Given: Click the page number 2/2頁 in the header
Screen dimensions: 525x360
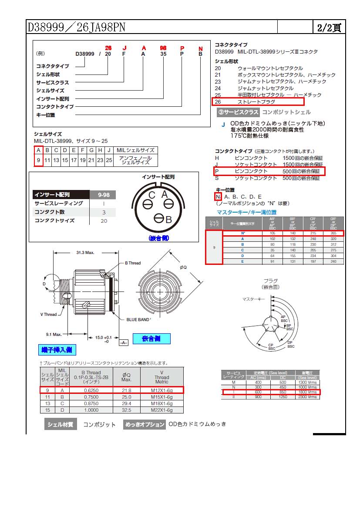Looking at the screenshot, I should pyautogui.click(x=329, y=27).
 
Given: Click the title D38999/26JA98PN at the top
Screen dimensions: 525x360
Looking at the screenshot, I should pyautogui.click(x=77, y=27).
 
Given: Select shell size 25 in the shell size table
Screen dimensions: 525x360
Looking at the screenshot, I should pyautogui.click(x=109, y=160).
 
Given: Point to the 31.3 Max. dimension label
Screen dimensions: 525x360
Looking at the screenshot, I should pyautogui.click(x=86, y=253).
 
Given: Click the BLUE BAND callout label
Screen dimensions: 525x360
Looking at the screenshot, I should pyautogui.click(x=138, y=320).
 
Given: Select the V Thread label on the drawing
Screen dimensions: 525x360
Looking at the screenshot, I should pyautogui.click(x=48, y=314).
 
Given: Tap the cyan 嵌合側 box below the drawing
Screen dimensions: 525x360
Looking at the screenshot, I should pyautogui.click(x=151, y=339).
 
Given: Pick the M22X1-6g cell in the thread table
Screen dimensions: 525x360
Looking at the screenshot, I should pyautogui.click(x=161, y=410).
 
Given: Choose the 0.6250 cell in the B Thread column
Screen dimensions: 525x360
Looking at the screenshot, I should pyautogui.click(x=91, y=390).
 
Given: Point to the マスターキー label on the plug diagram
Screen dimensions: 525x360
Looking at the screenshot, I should pyautogui.click(x=253, y=299).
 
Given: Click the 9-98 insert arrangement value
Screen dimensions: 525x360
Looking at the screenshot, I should pyautogui.click(x=103, y=195).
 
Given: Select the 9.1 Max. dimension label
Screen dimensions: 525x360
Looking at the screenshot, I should pyautogui.click(x=54, y=334).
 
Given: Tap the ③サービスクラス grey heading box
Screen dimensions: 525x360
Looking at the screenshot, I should pyautogui.click(x=238, y=112).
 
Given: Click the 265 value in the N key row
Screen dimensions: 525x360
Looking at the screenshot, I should pyautogui.click(x=333, y=233).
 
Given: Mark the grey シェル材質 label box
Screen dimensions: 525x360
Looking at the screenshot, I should pyautogui.click(x=60, y=424).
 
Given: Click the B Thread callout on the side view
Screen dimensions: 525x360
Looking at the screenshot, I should pyautogui.click(x=133, y=263).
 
